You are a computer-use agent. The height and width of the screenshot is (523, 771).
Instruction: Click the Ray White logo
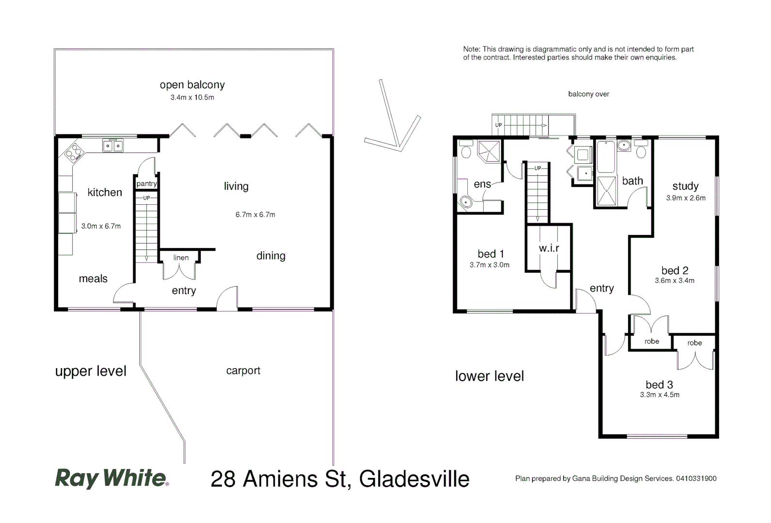(x=112, y=478)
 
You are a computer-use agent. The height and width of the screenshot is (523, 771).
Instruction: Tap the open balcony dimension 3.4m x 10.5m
(x=192, y=97)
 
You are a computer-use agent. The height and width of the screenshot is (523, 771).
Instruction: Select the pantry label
(x=146, y=184)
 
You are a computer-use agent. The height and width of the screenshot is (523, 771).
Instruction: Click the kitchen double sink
(x=113, y=145)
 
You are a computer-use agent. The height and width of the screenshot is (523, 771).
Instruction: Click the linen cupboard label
(x=181, y=258)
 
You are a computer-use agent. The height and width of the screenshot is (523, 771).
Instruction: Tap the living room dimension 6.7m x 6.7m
(x=255, y=215)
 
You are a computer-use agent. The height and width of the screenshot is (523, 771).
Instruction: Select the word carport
(x=243, y=370)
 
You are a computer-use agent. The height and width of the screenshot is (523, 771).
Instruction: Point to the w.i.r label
(x=549, y=248)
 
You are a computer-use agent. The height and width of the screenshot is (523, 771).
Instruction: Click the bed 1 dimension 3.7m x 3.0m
(x=489, y=265)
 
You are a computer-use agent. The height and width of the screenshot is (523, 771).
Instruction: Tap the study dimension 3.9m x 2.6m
(x=685, y=198)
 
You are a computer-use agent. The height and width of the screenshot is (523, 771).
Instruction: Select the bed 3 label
(x=659, y=385)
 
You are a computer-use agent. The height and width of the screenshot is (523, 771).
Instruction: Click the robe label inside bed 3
(x=694, y=343)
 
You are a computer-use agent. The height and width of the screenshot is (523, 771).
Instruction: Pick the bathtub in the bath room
(x=605, y=156)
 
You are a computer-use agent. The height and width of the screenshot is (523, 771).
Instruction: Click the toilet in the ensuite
(x=466, y=151)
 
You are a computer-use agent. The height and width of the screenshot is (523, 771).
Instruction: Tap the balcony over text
(x=588, y=94)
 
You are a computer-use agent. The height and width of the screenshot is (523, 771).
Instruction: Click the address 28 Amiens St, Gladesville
(x=340, y=479)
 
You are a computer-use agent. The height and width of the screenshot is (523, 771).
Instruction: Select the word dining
(x=271, y=256)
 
